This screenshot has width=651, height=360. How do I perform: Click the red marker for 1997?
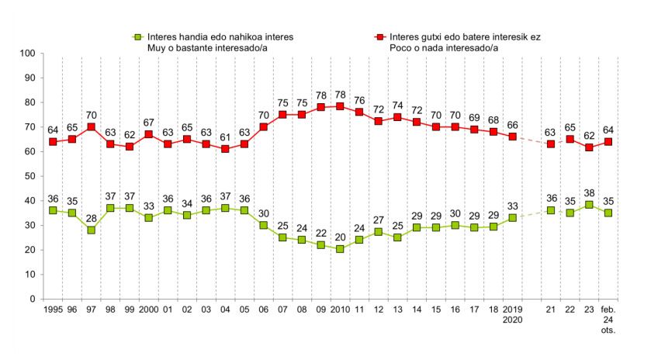tap(92, 127)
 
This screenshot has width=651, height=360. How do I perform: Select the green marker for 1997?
tap(92, 230)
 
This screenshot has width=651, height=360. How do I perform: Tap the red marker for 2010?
tap(339, 107)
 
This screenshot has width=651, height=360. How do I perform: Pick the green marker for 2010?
tap(339, 250)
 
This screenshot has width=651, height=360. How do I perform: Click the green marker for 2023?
tap(590, 206)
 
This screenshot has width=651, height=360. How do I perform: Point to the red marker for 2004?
tap(225, 149)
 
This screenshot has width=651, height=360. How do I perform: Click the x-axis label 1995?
tap(53, 308)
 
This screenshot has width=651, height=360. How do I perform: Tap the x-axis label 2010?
tap(339, 308)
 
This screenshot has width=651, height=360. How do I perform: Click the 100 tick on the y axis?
tap(29, 54)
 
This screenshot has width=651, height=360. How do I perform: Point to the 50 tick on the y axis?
tap(31, 176)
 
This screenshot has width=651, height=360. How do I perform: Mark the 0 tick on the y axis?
tap(33, 299)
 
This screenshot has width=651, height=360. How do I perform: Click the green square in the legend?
tap(137, 36)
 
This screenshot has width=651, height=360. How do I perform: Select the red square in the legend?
tap(380, 36)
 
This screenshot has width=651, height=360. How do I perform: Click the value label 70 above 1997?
tap(92, 115)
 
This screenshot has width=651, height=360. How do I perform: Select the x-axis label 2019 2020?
tap(513, 313)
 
